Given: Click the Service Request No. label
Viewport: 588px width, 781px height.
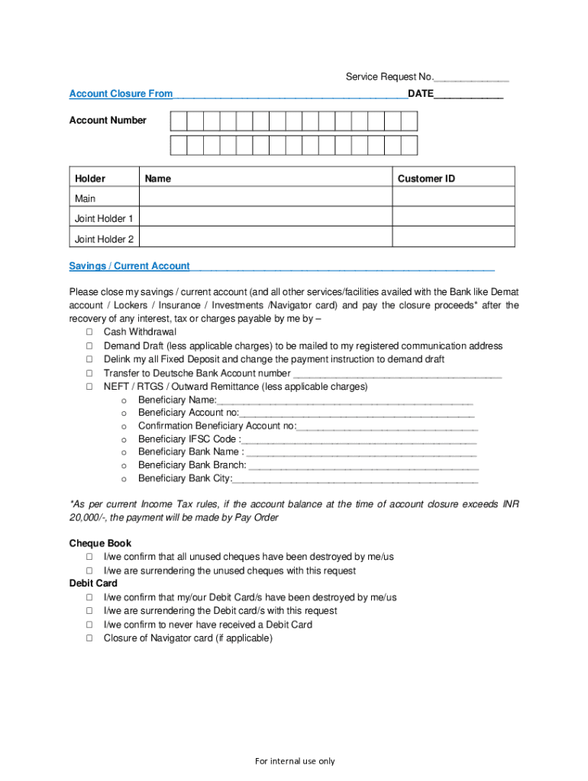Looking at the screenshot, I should [x=389, y=77].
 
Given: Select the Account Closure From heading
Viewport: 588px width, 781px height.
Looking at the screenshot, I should [x=121, y=94].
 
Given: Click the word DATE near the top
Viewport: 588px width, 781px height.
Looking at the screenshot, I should [x=421, y=94].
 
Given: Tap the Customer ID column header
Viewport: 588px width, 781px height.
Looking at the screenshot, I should [x=426, y=178].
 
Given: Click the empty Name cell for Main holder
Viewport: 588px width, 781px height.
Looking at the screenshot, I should [x=265, y=198].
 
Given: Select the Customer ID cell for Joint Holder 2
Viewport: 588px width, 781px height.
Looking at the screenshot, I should [x=453, y=239].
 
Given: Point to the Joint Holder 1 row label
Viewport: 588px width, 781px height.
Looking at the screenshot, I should [x=104, y=219].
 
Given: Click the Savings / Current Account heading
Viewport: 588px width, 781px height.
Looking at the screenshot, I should [x=130, y=266].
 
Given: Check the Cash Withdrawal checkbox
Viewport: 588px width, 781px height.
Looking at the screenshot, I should [x=89, y=333].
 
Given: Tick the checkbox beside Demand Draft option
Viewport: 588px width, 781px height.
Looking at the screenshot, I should [x=89, y=346].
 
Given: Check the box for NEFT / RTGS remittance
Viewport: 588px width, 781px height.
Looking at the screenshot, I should [x=89, y=387].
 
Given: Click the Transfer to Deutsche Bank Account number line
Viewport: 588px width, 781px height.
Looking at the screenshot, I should [x=397, y=374].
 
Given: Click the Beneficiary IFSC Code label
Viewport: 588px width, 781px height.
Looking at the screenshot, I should [x=187, y=439].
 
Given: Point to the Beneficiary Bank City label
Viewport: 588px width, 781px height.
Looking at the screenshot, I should [x=185, y=479].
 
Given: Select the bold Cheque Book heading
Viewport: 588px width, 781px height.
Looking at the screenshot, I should [x=100, y=544].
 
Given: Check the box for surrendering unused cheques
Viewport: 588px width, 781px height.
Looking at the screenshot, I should [x=89, y=570].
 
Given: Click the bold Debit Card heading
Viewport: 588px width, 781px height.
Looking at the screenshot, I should [x=93, y=583].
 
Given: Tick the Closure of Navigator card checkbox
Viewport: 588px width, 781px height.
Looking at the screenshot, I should [x=89, y=638].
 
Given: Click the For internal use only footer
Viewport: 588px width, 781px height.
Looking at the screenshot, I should [x=295, y=761].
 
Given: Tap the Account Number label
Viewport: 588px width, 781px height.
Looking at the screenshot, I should [x=108, y=121].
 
